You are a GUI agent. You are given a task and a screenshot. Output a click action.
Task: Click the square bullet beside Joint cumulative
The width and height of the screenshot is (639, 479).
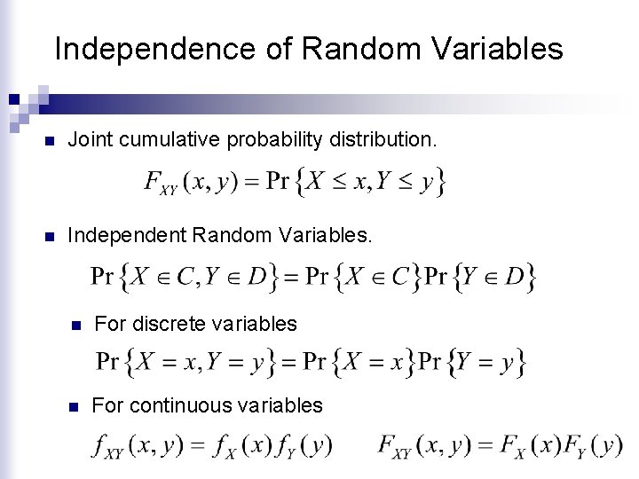coord(50,141)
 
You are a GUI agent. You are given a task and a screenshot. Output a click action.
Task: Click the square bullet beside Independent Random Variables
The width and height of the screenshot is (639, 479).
coord(50,237)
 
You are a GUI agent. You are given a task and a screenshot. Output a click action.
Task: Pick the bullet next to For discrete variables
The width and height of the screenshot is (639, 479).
coord(76,325)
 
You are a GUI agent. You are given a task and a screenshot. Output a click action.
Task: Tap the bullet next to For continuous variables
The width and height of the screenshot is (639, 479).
coord(76,407)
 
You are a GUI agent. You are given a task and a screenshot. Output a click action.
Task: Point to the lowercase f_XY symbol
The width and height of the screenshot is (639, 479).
coord(108,445)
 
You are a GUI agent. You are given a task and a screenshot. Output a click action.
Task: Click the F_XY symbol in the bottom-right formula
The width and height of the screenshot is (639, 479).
coord(392,445)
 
